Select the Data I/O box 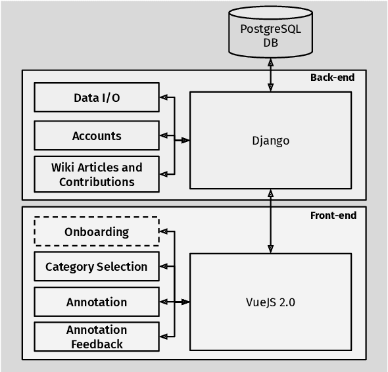point(97,97)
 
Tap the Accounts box point(97,136)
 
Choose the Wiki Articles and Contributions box point(97,174)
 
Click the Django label point(270,141)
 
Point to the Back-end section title point(332,78)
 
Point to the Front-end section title point(333,215)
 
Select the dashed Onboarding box point(97,231)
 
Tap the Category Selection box point(97,267)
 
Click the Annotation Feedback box point(97,337)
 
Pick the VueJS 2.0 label point(270,302)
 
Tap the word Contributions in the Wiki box point(97,182)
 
